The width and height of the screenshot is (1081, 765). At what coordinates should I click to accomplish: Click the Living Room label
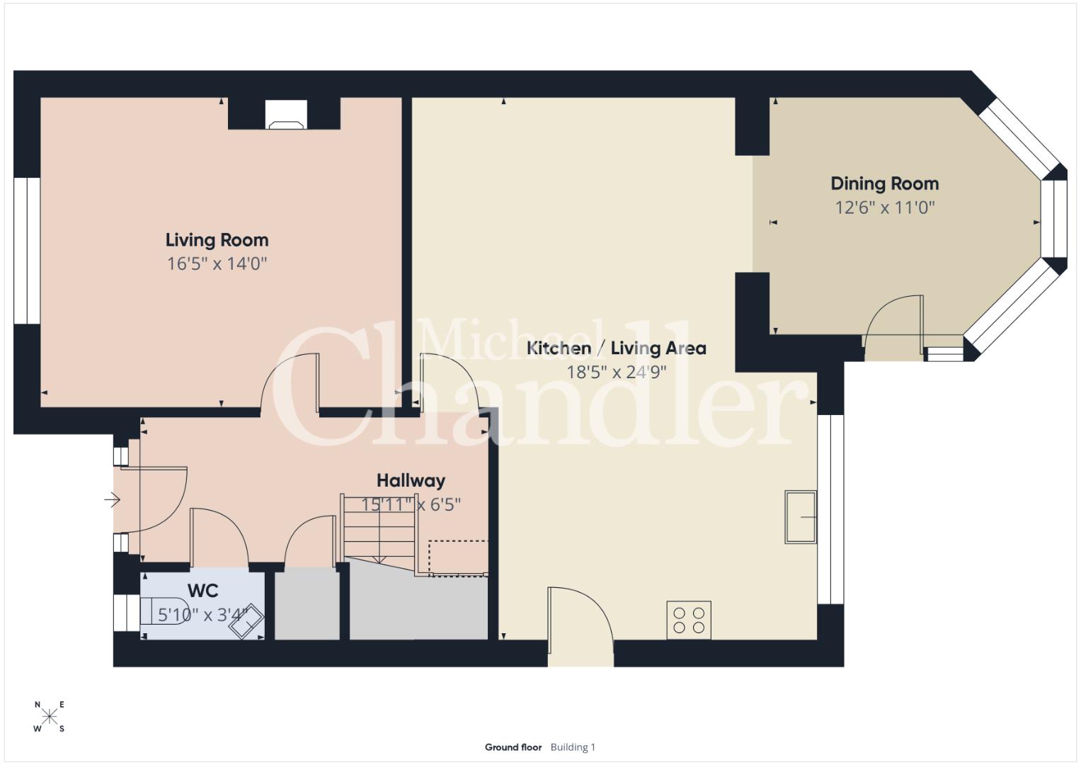pyautogui.click(x=217, y=240)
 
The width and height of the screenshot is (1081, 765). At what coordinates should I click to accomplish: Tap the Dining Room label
pyautogui.click(x=885, y=183)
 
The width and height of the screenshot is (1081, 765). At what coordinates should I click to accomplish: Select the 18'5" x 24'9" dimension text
pyautogui.click(x=617, y=372)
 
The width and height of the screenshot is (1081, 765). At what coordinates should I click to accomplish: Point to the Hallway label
pyautogui.click(x=411, y=480)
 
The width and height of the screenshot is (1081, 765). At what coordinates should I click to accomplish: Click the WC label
pyautogui.click(x=202, y=591)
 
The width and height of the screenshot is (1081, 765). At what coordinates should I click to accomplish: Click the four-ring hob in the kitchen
pyautogui.click(x=689, y=620)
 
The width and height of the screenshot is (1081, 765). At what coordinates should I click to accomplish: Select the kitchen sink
pyautogui.click(x=801, y=517)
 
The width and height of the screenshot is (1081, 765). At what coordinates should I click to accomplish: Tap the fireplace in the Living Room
pyautogui.click(x=286, y=115)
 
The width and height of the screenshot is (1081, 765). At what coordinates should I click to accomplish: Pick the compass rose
pyautogui.click(x=50, y=716)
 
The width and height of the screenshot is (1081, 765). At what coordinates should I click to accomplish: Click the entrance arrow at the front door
pyautogui.click(x=112, y=499)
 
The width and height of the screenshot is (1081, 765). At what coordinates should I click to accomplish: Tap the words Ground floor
pyautogui.click(x=513, y=747)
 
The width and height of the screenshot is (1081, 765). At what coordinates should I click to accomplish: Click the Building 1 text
pyautogui.click(x=573, y=747)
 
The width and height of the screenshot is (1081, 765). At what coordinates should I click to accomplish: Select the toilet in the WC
pyautogui.click(x=164, y=611)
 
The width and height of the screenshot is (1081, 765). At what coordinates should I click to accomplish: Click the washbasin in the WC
pyautogui.click(x=246, y=620)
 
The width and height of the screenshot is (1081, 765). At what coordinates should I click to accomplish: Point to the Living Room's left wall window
pyautogui.click(x=27, y=251)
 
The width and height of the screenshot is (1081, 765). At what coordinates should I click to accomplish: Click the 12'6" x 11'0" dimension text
pyautogui.click(x=885, y=208)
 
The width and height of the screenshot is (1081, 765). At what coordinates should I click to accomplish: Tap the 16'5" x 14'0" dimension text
pyautogui.click(x=217, y=263)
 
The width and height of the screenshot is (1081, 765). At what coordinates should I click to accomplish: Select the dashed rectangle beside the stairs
pyautogui.click(x=458, y=558)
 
